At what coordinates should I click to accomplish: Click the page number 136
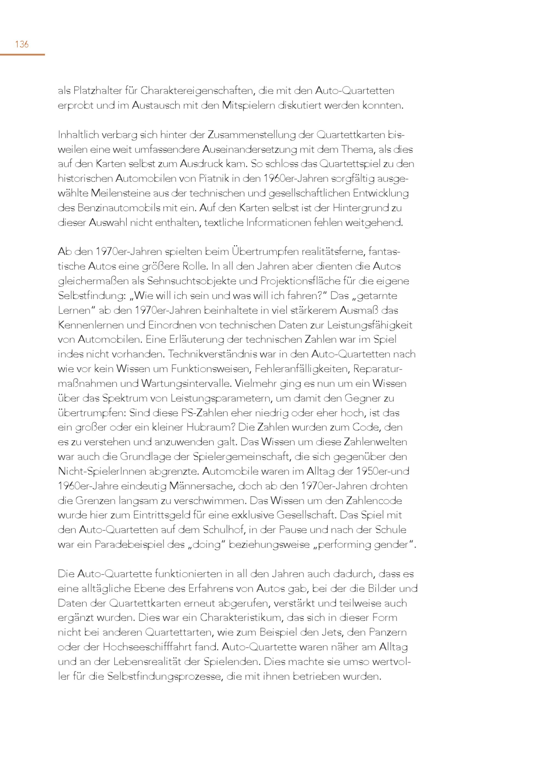point(22,44)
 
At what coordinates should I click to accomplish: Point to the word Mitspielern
point(248,106)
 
